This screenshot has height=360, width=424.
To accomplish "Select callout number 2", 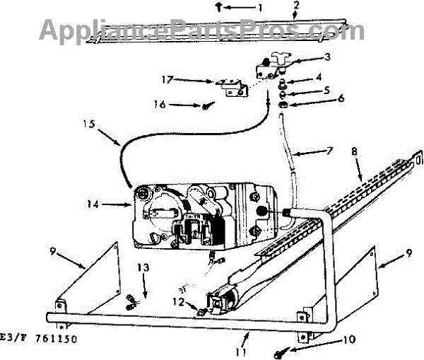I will pyautogui.click(x=296, y=5).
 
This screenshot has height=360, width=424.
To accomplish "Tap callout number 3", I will pyautogui.click(x=328, y=57).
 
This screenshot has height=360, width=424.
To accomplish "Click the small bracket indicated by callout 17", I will pyautogui.click(x=230, y=88).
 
